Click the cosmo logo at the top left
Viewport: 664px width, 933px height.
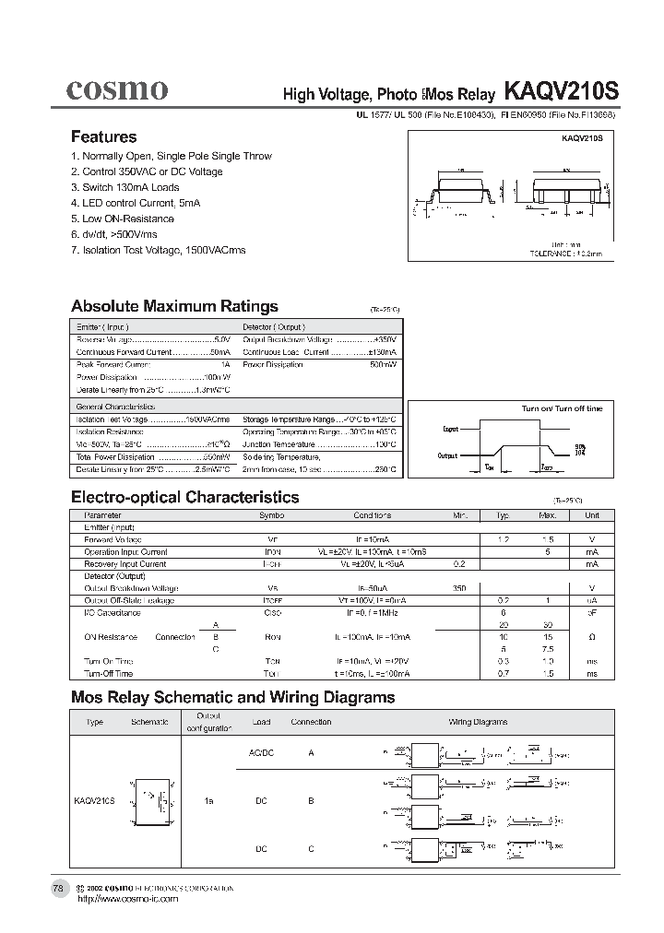click(x=116, y=89)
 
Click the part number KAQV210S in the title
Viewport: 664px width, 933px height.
click(x=562, y=92)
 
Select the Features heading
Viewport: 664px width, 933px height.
click(x=103, y=136)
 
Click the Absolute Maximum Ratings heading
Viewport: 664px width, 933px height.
click(x=174, y=306)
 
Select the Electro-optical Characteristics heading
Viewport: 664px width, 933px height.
click(x=184, y=497)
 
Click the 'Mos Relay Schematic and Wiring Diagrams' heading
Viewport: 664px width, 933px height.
click(x=232, y=697)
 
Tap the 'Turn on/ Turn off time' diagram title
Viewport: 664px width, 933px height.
click(x=562, y=408)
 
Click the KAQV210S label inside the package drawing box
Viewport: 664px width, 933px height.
click(x=582, y=137)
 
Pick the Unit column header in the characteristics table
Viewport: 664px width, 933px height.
click(x=591, y=515)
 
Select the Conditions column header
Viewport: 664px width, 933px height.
click(x=372, y=515)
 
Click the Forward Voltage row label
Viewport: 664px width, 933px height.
click(x=113, y=538)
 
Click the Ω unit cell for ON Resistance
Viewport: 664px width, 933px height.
click(x=591, y=637)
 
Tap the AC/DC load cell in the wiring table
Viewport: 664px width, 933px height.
click(x=262, y=753)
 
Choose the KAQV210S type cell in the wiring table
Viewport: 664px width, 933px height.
click(x=94, y=802)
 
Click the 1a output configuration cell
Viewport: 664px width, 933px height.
click(x=209, y=802)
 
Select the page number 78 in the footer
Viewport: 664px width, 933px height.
click(x=58, y=888)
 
